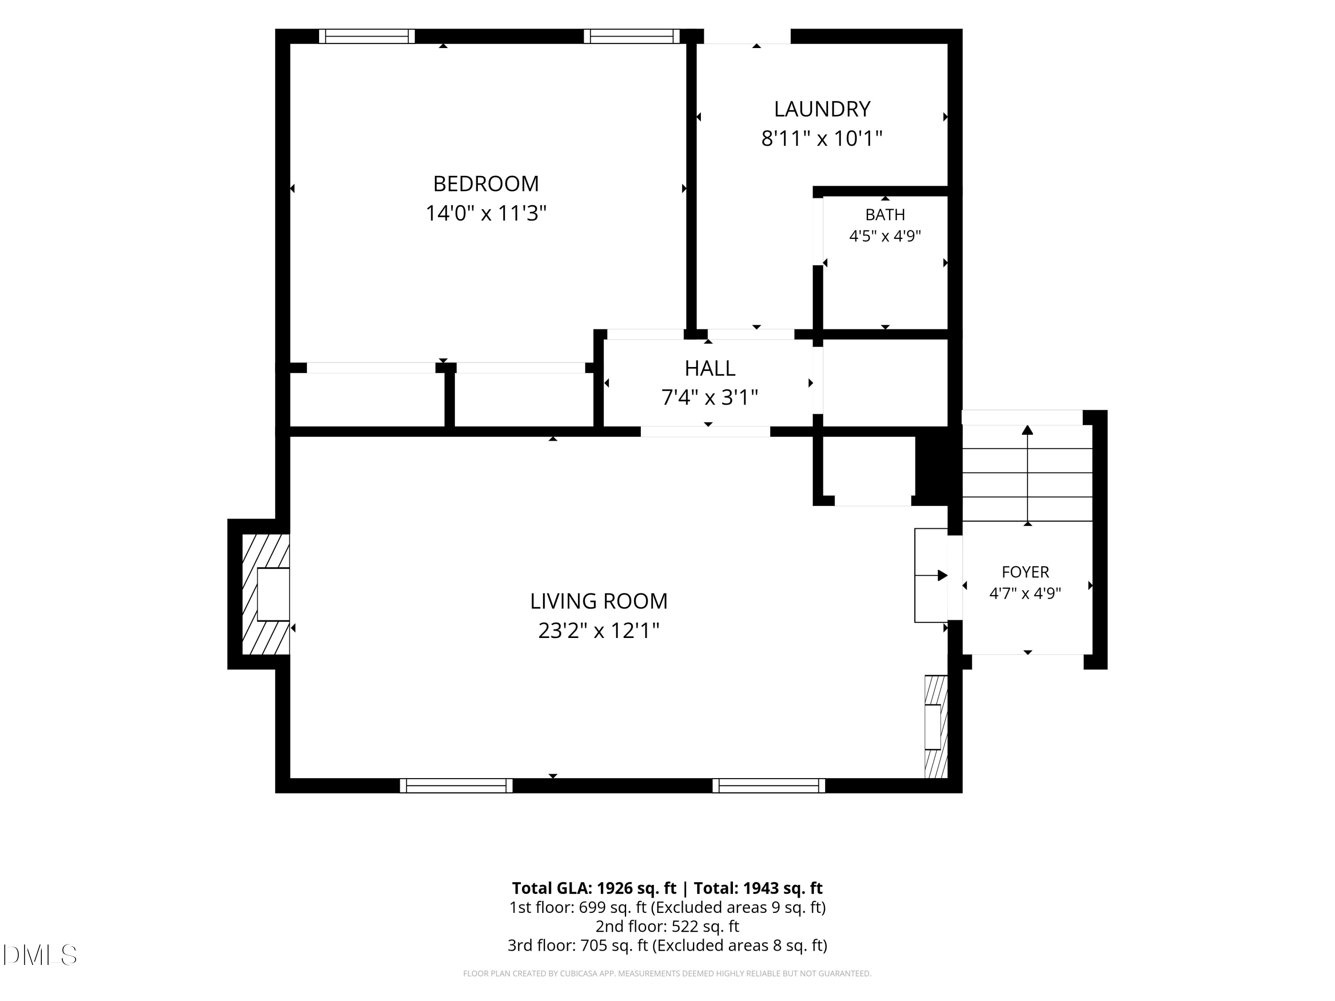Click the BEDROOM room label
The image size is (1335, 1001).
point(486,183)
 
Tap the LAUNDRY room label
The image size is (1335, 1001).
point(822,109)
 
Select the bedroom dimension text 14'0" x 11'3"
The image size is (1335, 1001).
point(486,213)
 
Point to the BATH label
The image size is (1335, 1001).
point(885,215)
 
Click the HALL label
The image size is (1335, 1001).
point(710,368)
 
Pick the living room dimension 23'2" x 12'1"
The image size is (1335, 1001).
point(599,630)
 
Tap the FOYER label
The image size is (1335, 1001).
point(1025,572)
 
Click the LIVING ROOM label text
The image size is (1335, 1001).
point(599,601)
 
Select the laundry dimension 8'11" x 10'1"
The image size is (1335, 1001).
point(822,139)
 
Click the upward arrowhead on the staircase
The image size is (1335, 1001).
point(1027,430)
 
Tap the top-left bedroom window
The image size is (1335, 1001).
point(367,36)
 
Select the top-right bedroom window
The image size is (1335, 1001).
point(632,36)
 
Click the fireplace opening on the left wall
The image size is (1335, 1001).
point(273,594)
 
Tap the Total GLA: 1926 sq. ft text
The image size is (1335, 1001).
point(594,888)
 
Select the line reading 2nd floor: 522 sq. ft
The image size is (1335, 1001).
point(667,926)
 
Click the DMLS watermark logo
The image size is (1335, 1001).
point(40,955)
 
